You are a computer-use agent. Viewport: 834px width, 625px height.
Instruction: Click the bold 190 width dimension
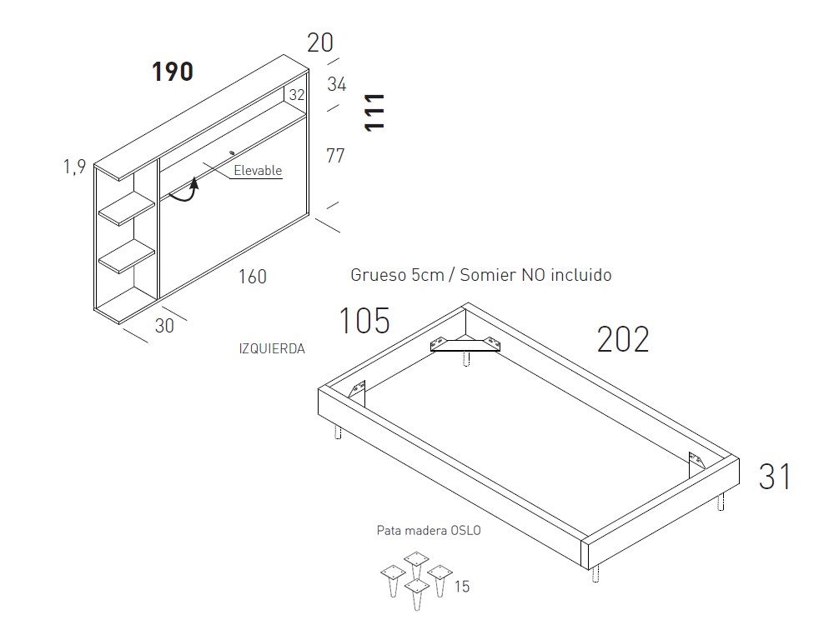click(173, 71)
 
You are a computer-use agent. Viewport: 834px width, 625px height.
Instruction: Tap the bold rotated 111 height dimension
click(374, 112)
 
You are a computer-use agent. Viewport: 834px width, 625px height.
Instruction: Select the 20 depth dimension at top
click(320, 42)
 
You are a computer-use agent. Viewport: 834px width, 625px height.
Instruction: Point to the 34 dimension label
click(337, 84)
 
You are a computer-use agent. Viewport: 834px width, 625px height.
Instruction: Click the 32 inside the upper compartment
click(297, 95)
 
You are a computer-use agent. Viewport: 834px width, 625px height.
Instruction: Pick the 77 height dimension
click(335, 156)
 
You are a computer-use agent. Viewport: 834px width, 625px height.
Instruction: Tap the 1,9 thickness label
click(74, 167)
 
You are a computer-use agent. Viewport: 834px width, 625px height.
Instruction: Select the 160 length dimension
click(252, 277)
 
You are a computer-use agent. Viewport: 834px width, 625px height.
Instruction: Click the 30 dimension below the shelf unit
click(164, 325)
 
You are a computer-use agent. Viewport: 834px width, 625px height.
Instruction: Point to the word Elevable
click(258, 171)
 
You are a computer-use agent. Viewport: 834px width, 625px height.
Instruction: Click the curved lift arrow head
click(194, 183)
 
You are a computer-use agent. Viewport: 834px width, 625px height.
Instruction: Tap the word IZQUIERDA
click(272, 348)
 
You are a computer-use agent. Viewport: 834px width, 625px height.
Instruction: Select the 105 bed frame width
click(364, 321)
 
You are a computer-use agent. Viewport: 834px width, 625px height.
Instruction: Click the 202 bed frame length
click(623, 339)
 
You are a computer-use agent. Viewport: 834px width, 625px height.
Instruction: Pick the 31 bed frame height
click(775, 476)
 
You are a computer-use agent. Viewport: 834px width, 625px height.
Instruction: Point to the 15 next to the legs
click(462, 587)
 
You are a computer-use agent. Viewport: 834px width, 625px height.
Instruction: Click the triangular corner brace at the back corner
click(465, 344)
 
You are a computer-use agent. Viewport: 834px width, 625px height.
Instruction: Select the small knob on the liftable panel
click(231, 153)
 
